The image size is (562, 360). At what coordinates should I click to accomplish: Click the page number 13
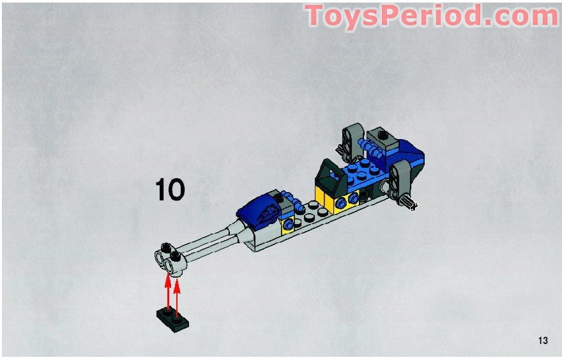coord(543,340)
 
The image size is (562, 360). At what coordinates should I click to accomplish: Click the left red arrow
coord(168,291)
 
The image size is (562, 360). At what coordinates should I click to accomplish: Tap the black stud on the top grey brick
coord(384,135)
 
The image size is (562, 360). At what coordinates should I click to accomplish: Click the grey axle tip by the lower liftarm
coord(409,204)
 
